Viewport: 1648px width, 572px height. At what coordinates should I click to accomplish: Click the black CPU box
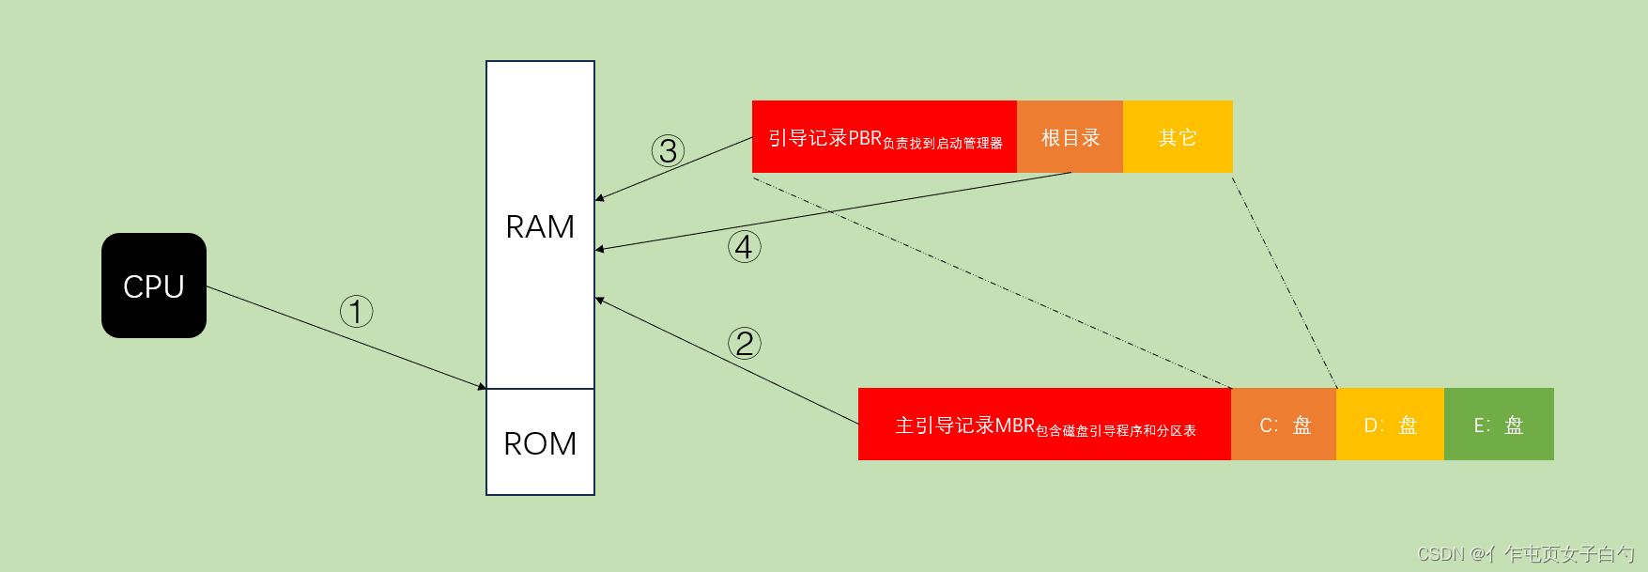[x=154, y=286]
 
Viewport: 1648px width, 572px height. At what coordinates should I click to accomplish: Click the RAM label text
[x=540, y=227]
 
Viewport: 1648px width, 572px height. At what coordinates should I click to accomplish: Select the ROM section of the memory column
[x=540, y=442]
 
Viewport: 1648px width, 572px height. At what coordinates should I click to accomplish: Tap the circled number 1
[x=356, y=311]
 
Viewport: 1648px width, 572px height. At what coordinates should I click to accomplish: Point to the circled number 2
[x=745, y=343]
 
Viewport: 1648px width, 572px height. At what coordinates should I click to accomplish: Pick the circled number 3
[x=668, y=150]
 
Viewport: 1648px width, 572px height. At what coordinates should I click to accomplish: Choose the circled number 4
[x=744, y=247]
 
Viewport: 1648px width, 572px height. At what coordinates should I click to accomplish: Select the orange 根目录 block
[x=1070, y=137]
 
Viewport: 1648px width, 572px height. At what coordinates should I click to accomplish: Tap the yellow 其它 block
[x=1178, y=137]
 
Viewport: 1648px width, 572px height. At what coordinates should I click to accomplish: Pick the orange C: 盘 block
[x=1284, y=425]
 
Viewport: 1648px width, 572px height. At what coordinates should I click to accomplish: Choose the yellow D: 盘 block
[x=1390, y=425]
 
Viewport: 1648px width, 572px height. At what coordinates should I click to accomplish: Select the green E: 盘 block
[x=1499, y=425]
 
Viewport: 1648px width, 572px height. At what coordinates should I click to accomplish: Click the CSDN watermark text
[x=1525, y=554]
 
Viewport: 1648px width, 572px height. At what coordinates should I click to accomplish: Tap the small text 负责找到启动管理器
[x=943, y=144]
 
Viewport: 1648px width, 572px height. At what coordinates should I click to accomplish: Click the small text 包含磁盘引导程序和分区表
[x=1116, y=431]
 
